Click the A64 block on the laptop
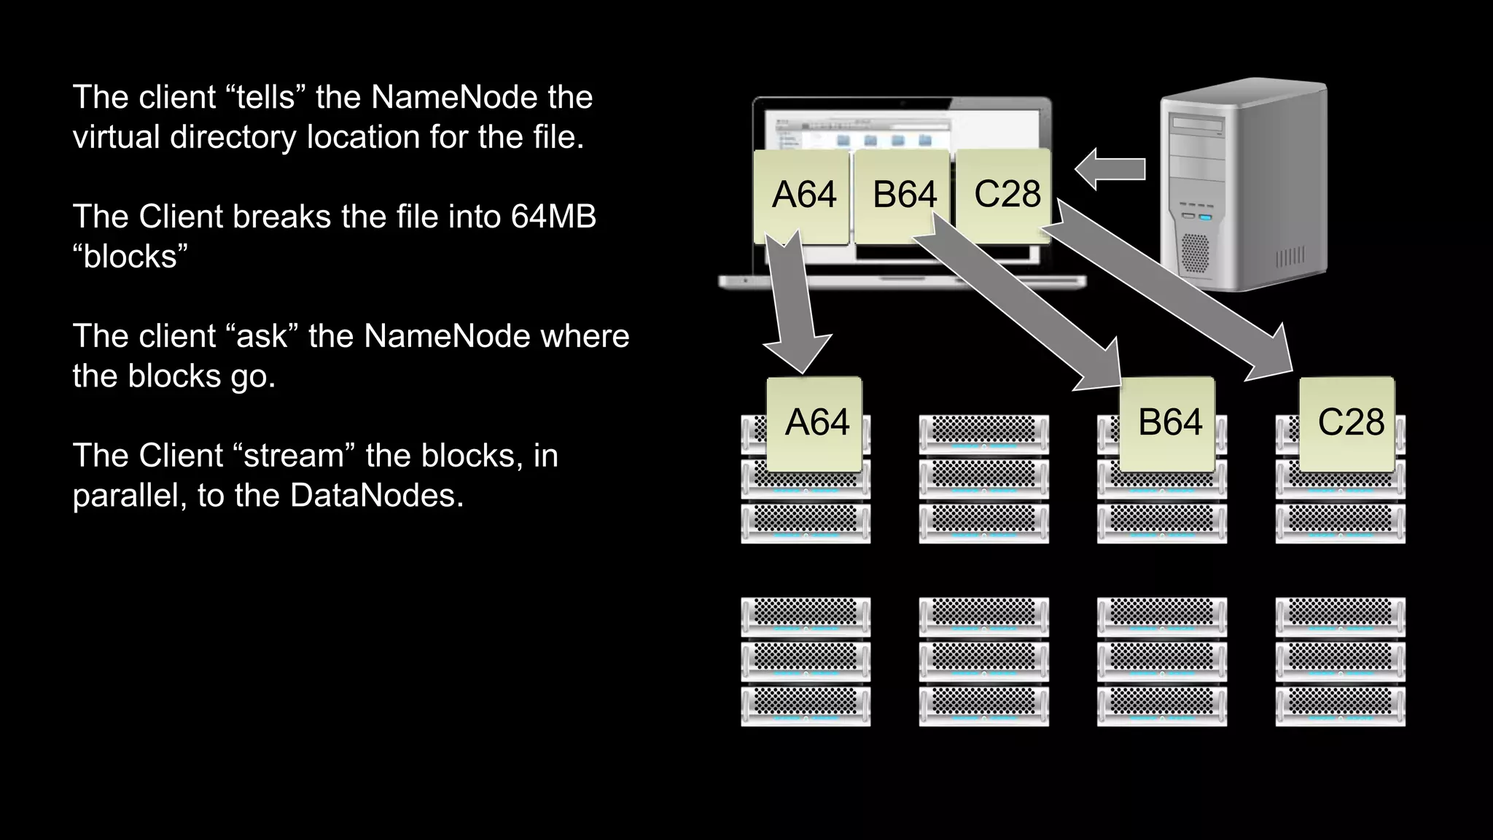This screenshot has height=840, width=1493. (802, 195)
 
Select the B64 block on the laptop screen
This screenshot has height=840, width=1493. (903, 195)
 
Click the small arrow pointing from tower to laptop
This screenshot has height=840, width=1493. (1110, 169)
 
